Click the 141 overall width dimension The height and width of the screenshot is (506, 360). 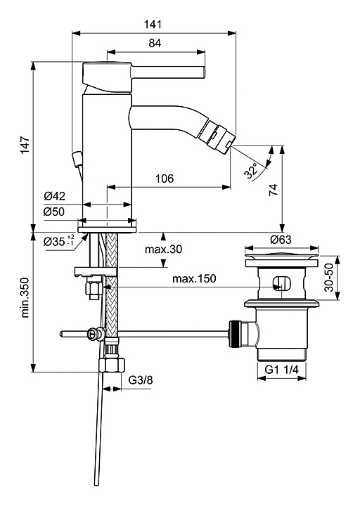coord(153,25)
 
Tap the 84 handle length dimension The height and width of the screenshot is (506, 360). coord(155,43)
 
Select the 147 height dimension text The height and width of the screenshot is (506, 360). coord(25,145)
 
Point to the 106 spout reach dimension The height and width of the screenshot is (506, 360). coord(165,178)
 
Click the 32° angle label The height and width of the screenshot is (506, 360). coord(252,171)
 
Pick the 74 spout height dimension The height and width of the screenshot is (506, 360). coord(273,190)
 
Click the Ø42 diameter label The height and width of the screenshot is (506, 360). coord(55,196)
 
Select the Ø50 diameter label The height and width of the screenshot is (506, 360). coord(55,212)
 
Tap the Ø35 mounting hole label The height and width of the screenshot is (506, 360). coord(59,241)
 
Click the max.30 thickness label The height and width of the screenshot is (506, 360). coord(163,249)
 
